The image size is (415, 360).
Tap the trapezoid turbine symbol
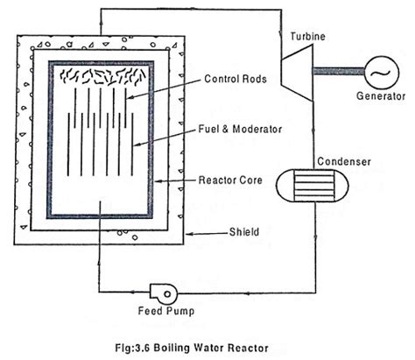click(x=297, y=73)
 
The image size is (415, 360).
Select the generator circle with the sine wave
click(x=382, y=73)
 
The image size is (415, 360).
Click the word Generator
click(x=381, y=95)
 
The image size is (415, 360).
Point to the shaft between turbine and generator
click(x=339, y=71)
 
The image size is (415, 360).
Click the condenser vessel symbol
click(x=313, y=186)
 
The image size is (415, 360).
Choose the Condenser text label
click(x=344, y=161)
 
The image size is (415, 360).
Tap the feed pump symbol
click(x=164, y=293)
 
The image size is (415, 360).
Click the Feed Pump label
click(x=165, y=311)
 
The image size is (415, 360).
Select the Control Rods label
click(x=236, y=79)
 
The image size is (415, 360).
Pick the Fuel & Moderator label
click(x=240, y=129)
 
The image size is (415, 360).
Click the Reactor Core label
click(x=230, y=180)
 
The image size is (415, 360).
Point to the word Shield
click(x=244, y=232)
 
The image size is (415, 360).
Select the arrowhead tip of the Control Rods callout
click(x=127, y=99)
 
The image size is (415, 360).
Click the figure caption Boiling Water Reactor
click(x=211, y=348)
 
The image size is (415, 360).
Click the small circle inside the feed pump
click(x=167, y=294)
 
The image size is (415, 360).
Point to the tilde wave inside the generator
click(x=382, y=73)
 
